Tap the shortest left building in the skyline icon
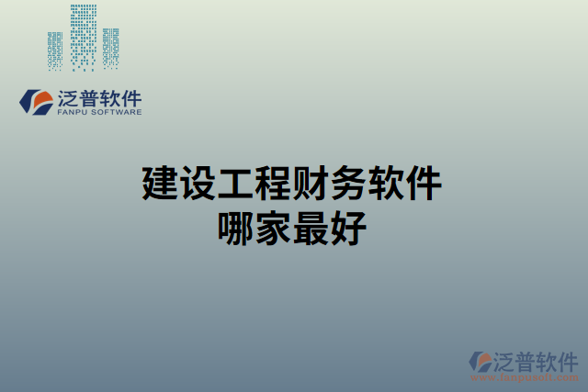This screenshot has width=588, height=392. point(57,50)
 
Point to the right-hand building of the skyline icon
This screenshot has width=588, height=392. point(111,48)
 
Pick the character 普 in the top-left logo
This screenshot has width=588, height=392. point(92,98)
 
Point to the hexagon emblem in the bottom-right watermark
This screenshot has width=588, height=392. point(481,363)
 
